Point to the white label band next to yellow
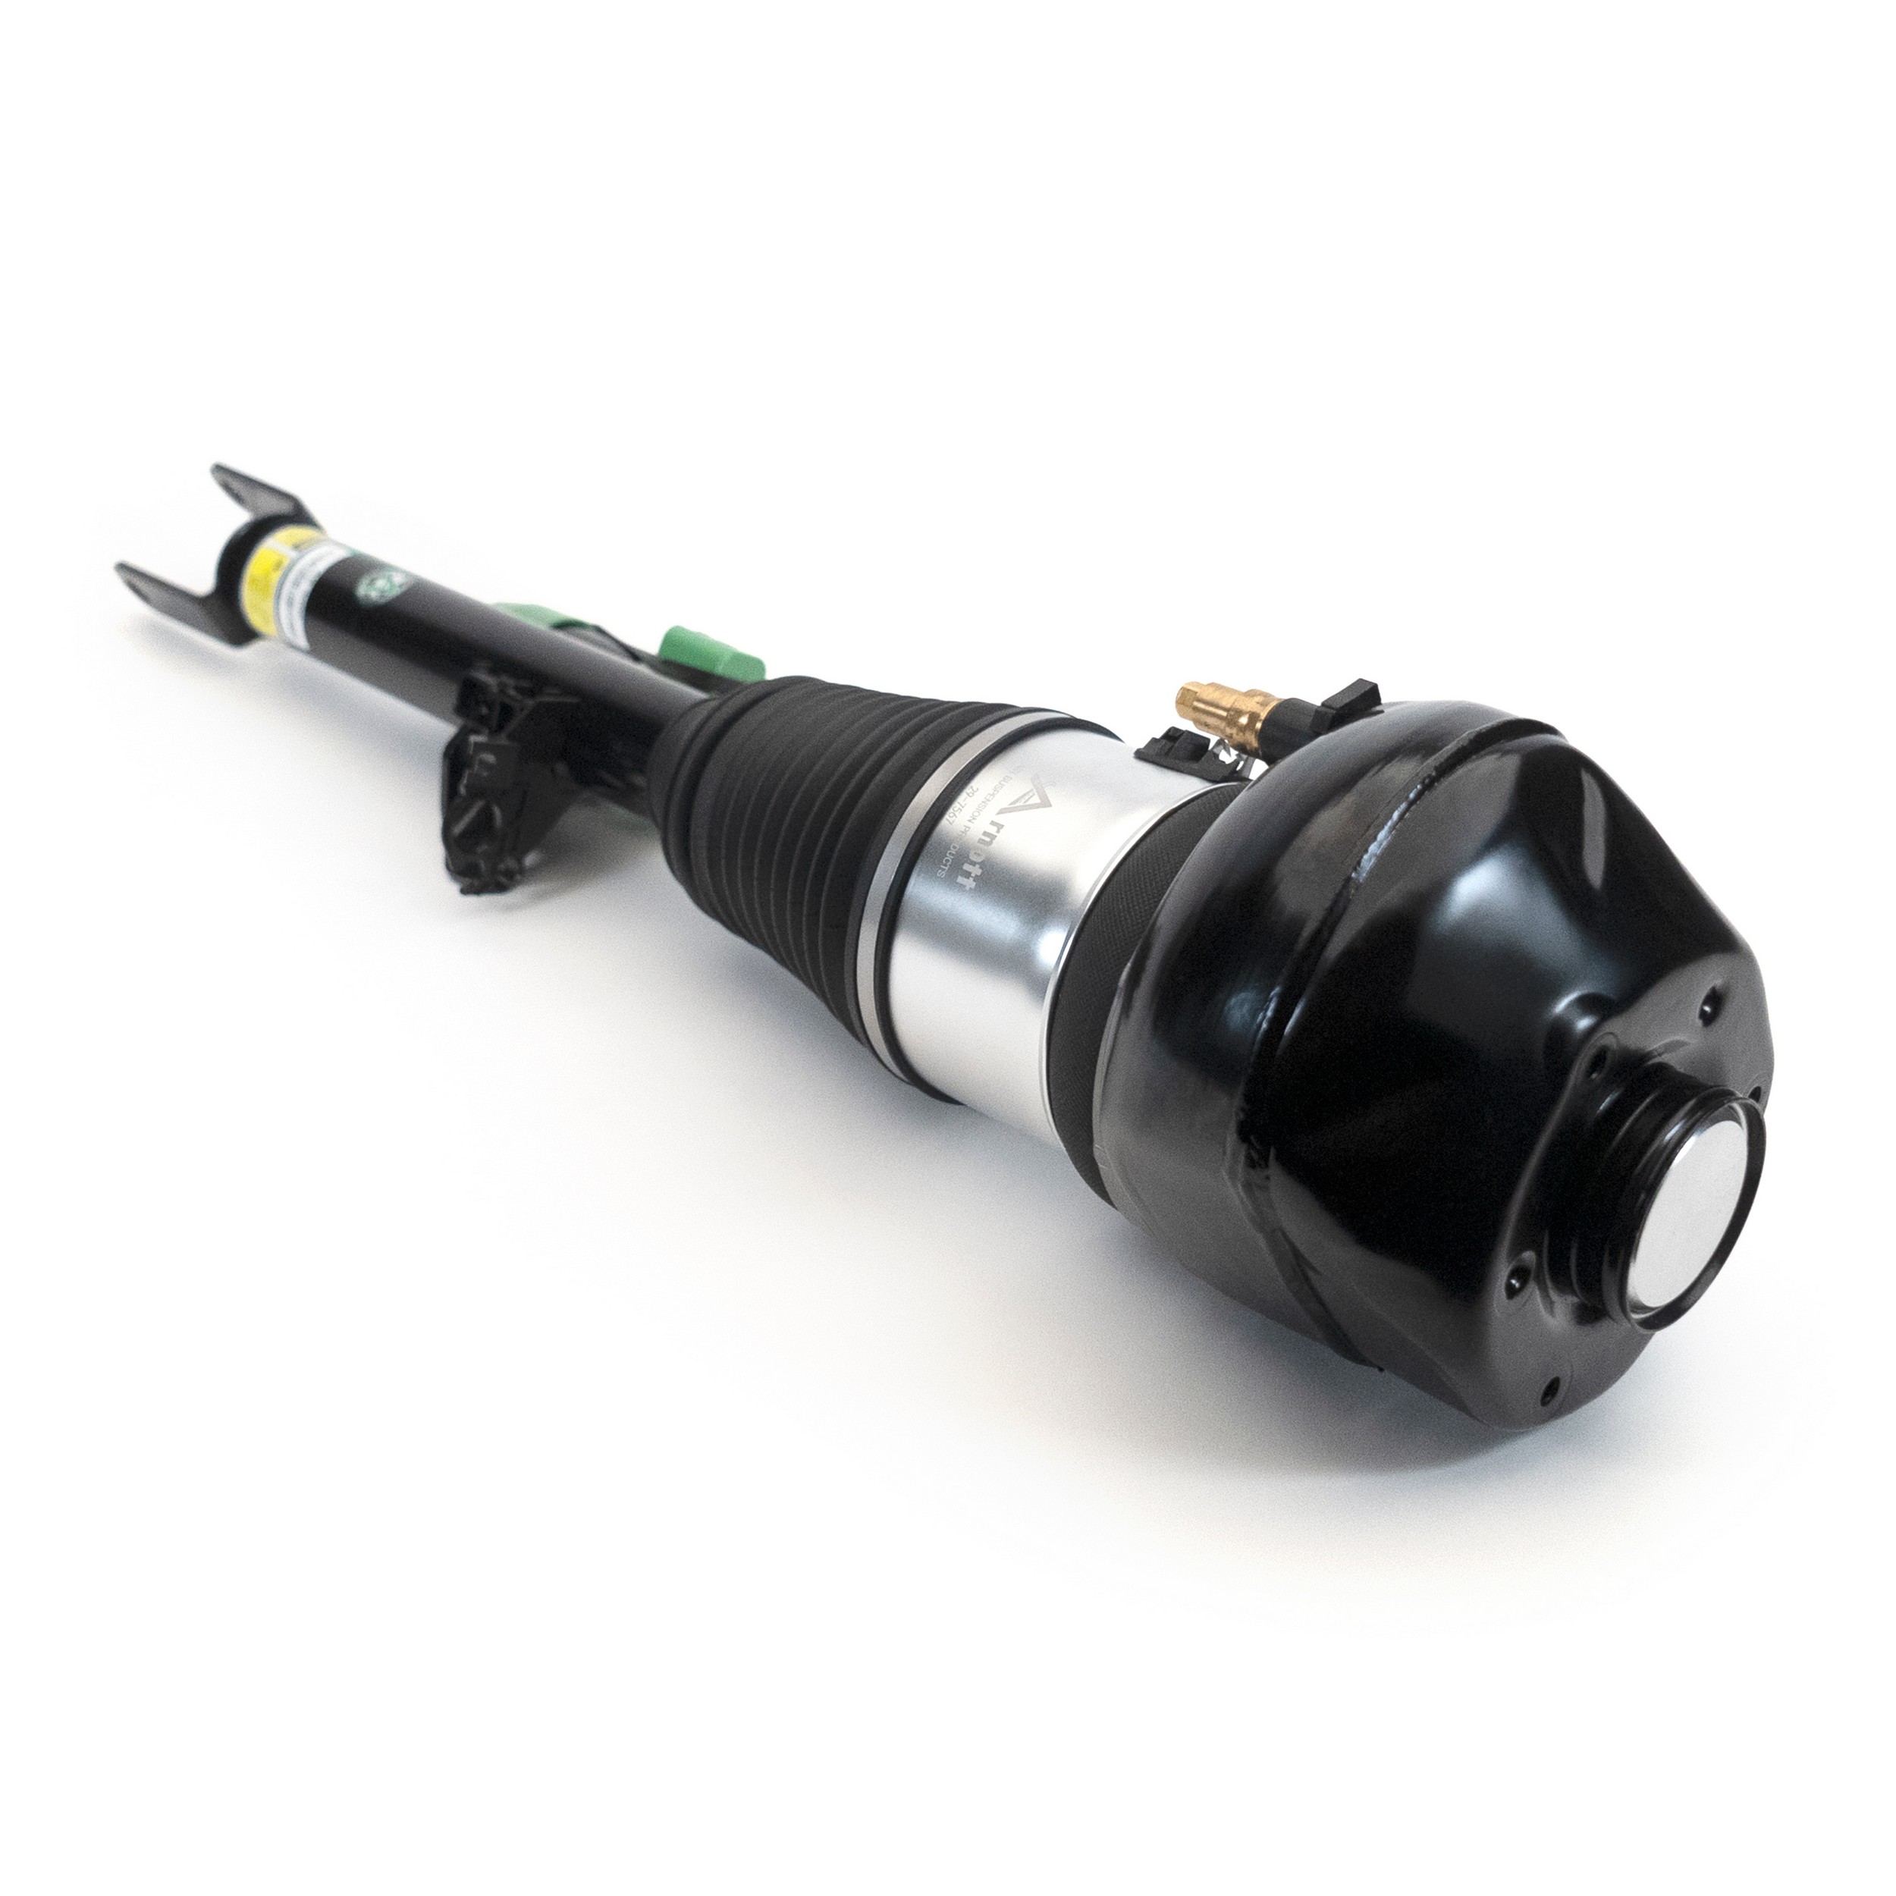tap(309, 579)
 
